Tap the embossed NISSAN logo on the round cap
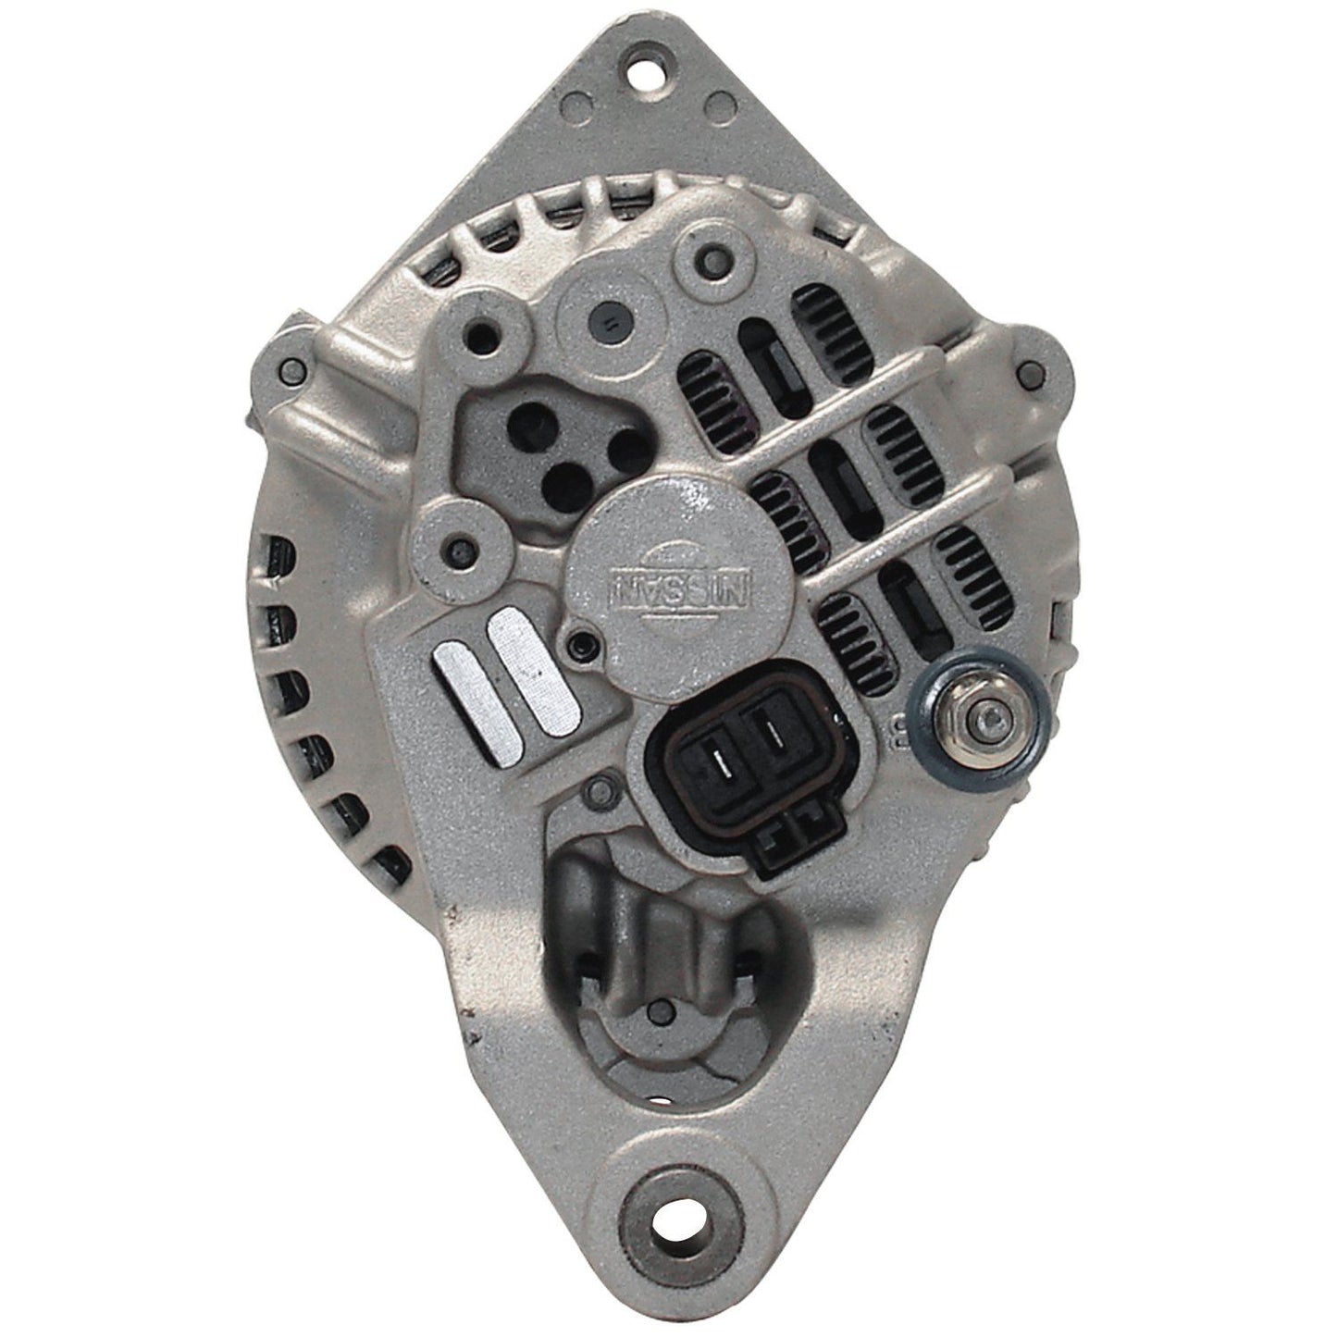(678, 588)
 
